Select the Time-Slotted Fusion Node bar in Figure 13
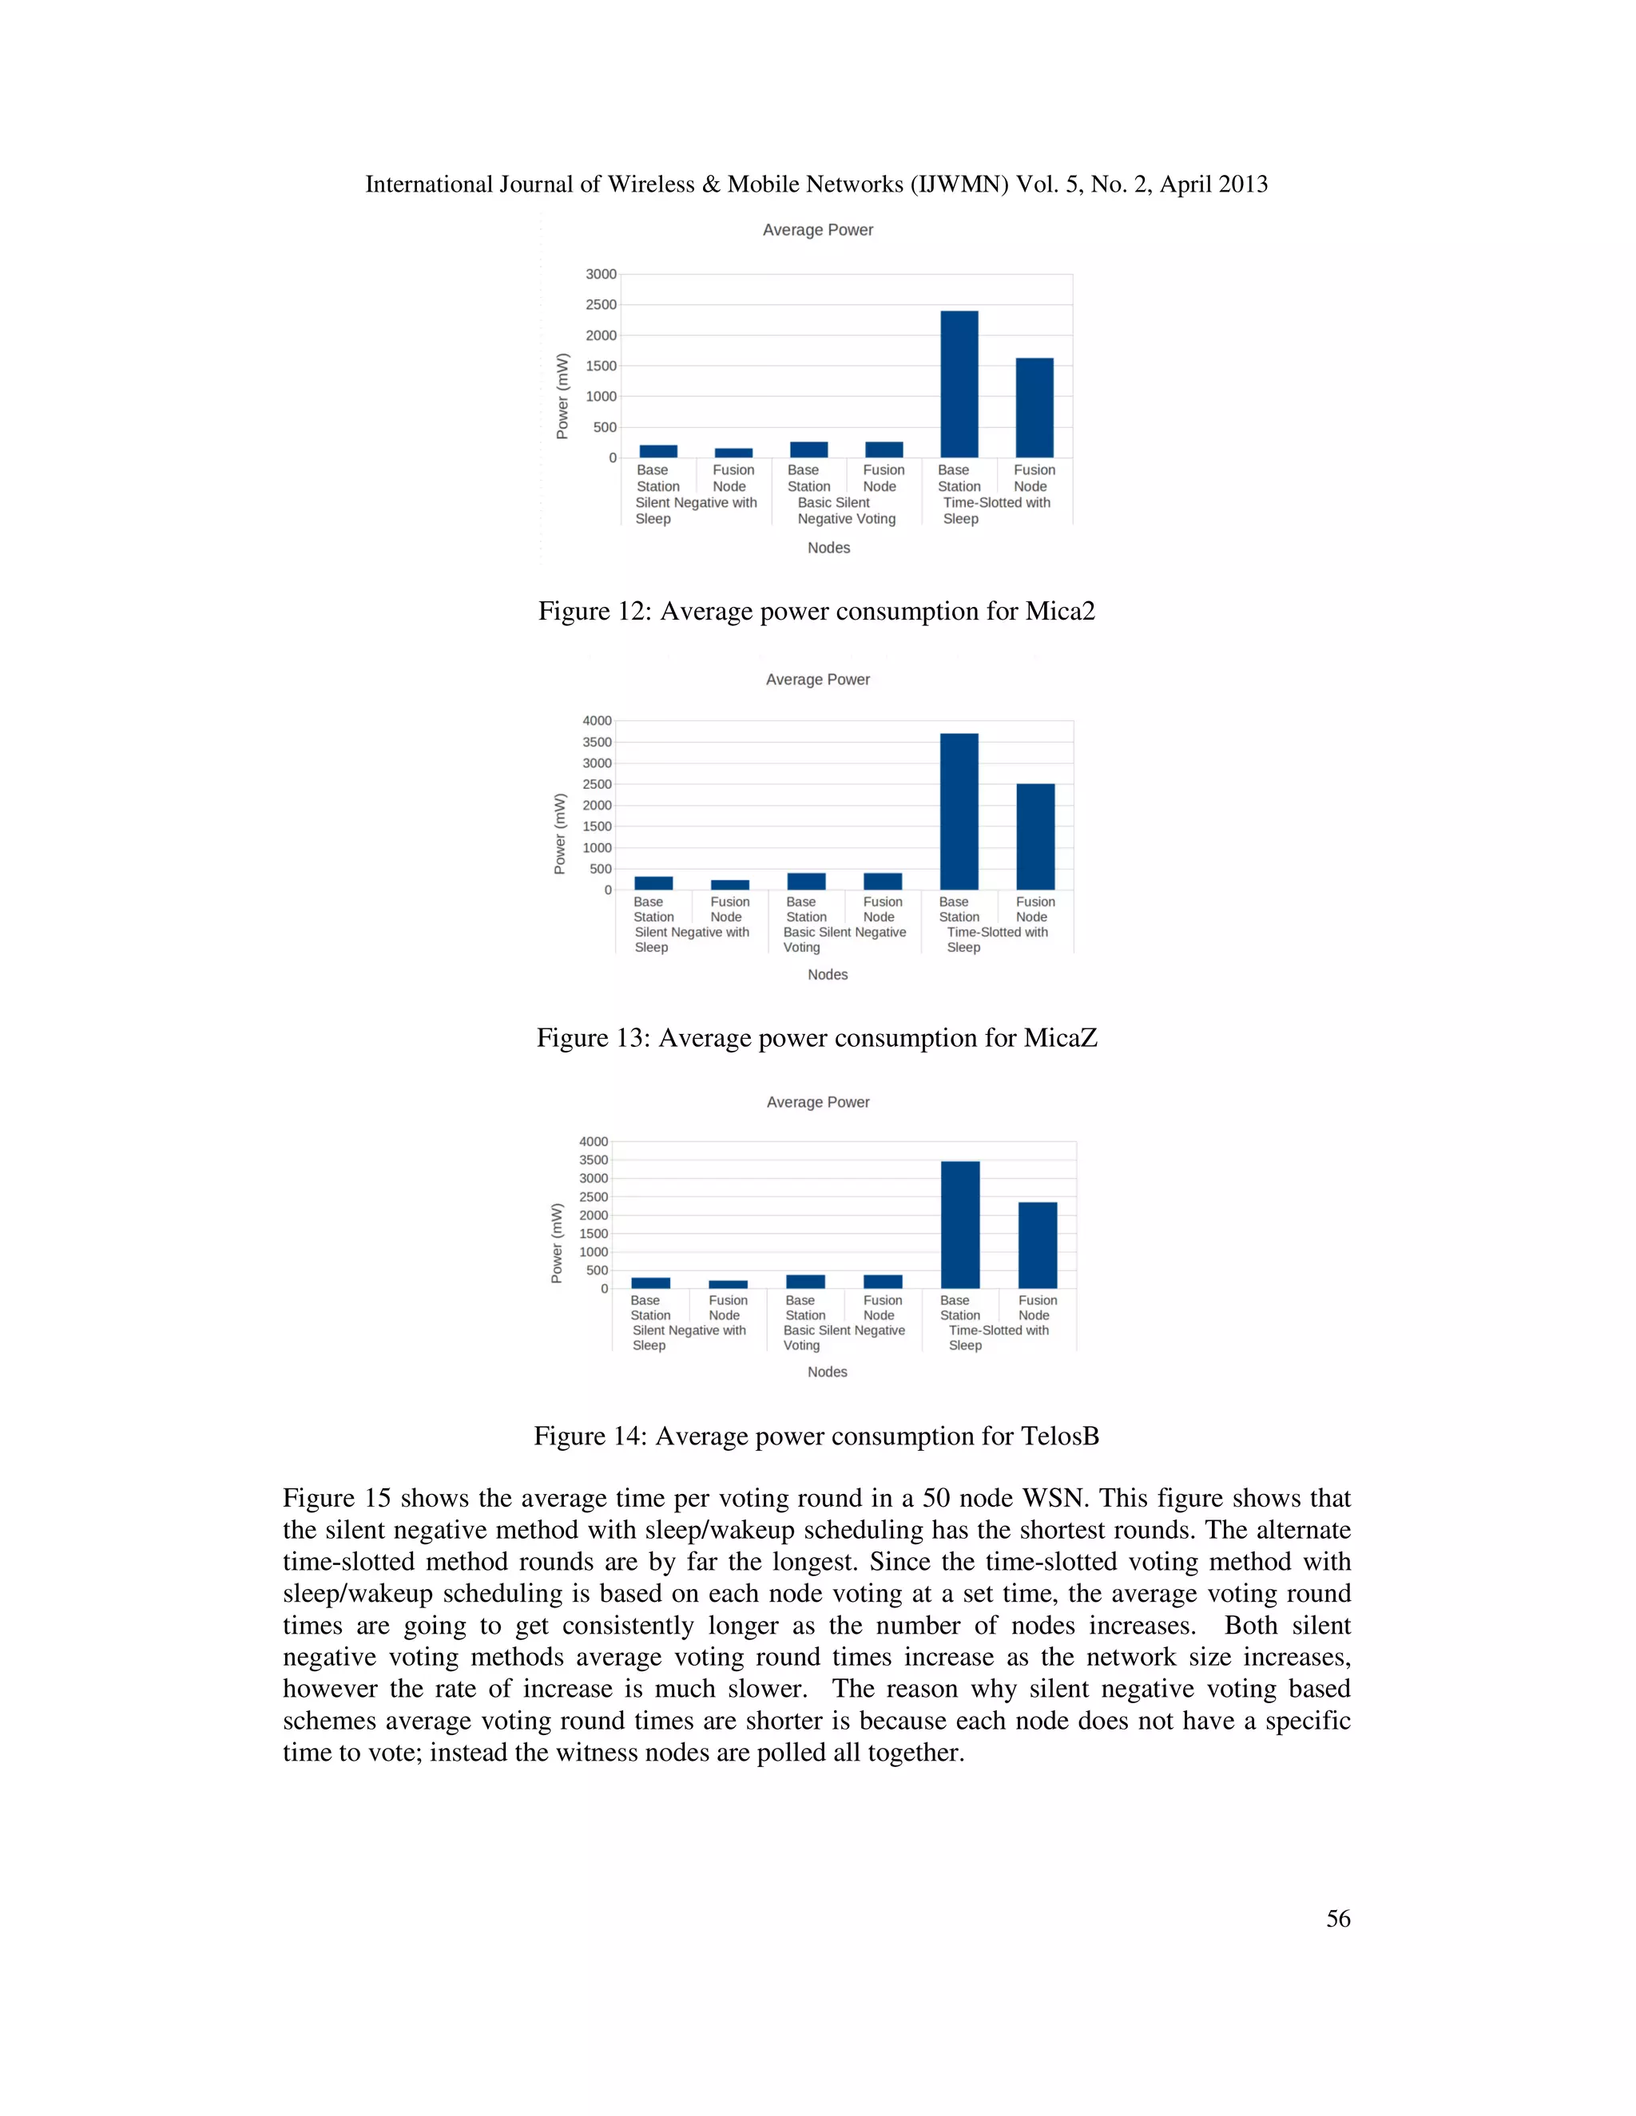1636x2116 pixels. pyautogui.click(x=1035, y=836)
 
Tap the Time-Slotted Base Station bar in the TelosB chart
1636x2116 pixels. pyautogui.click(x=959, y=1225)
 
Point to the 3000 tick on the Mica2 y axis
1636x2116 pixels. pyautogui.click(x=601, y=274)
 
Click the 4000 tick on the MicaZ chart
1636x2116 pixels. pyautogui.click(x=597, y=721)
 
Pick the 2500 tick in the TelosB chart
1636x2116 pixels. pyautogui.click(x=594, y=1197)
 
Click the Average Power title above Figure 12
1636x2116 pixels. pyautogui.click(x=817, y=230)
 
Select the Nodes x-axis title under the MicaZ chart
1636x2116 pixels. pyautogui.click(x=828, y=975)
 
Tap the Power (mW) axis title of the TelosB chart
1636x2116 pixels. pyautogui.click(x=556, y=1243)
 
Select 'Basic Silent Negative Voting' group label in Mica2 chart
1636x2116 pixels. pyautogui.click(x=846, y=510)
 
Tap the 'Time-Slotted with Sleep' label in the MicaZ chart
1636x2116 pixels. pyautogui.click(x=996, y=940)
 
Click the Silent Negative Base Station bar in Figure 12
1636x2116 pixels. pyautogui.click(x=658, y=450)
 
